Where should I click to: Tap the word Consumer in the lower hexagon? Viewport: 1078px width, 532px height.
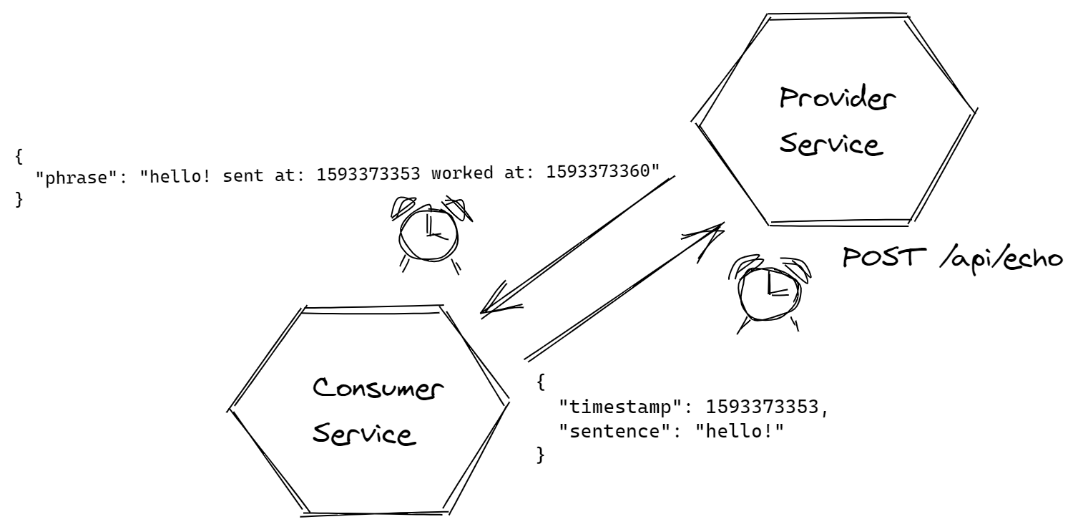click(x=379, y=390)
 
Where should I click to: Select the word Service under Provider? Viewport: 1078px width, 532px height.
click(x=830, y=144)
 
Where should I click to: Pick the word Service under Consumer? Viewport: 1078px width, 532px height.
click(x=364, y=433)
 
